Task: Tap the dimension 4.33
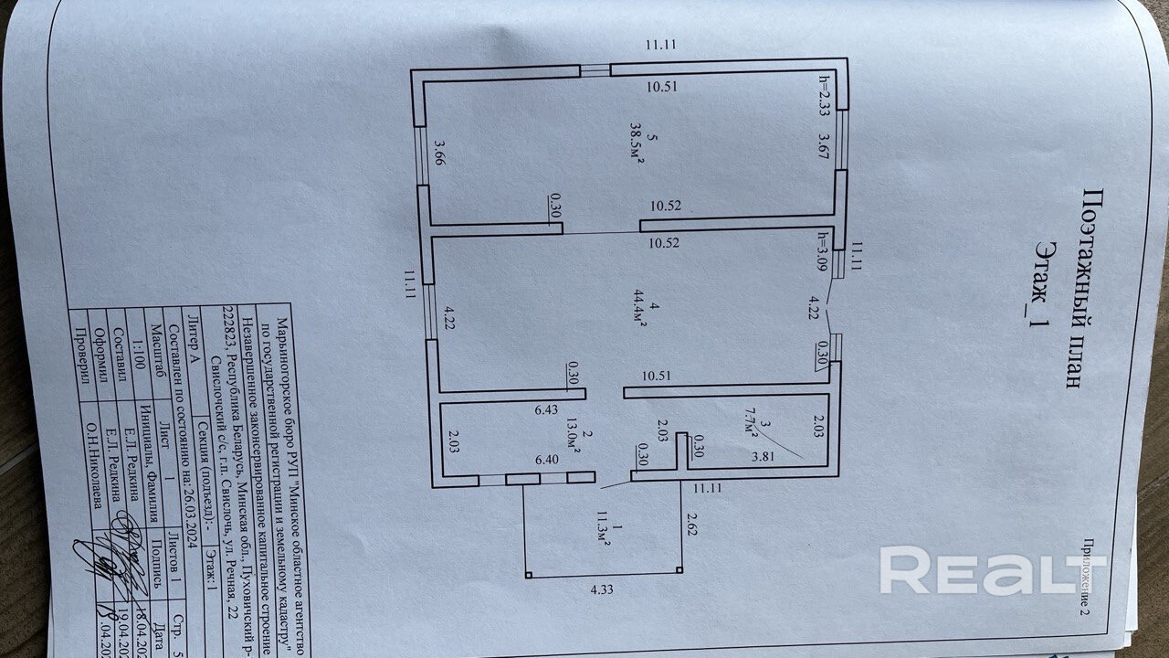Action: pos(601,589)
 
